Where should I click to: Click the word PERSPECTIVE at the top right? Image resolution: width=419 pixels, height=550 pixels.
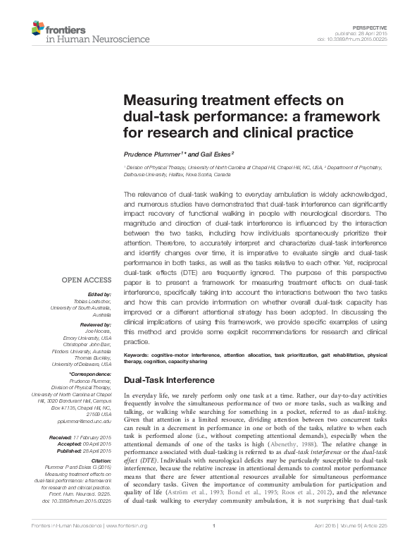tap(391, 26)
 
